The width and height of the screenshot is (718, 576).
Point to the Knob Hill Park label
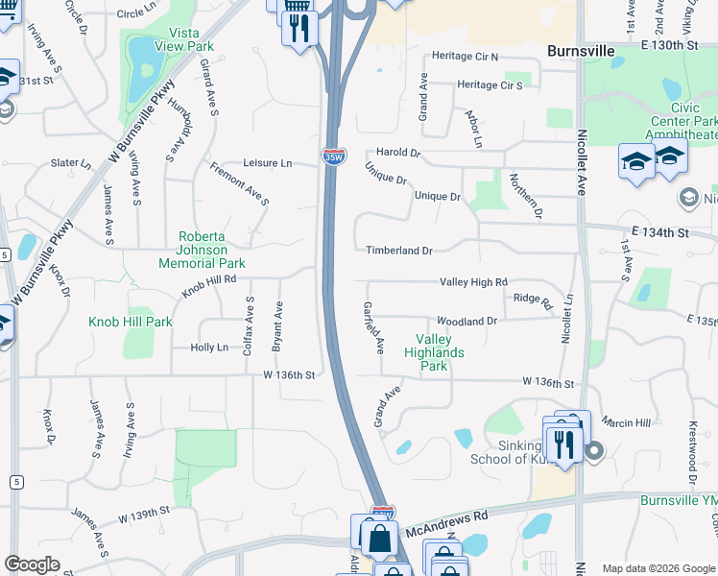131,322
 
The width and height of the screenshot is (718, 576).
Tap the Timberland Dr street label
399,251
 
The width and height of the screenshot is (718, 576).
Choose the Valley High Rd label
473,282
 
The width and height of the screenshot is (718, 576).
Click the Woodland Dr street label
467,321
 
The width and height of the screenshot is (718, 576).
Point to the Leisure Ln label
268,163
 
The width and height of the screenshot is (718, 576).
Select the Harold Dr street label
398,153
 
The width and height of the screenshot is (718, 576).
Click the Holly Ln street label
209,348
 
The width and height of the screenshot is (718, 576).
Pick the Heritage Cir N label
466,57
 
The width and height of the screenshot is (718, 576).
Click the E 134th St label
661,233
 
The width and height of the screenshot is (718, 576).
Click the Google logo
32,564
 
